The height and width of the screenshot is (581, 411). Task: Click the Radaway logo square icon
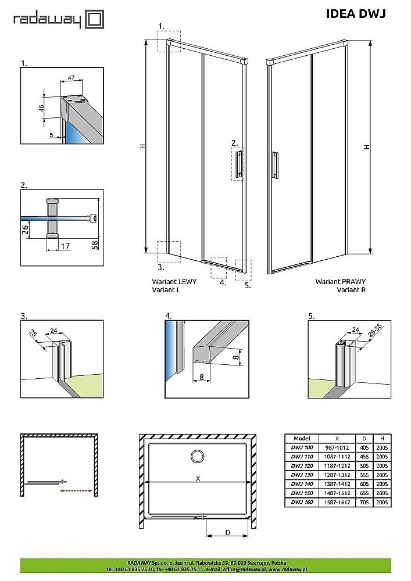[95, 20]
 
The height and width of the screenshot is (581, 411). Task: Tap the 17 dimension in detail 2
[65, 246]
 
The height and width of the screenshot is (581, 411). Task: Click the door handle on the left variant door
[238, 163]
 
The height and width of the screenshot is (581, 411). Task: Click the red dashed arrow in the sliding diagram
[76, 491]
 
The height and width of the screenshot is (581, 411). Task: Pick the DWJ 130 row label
[302, 475]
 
